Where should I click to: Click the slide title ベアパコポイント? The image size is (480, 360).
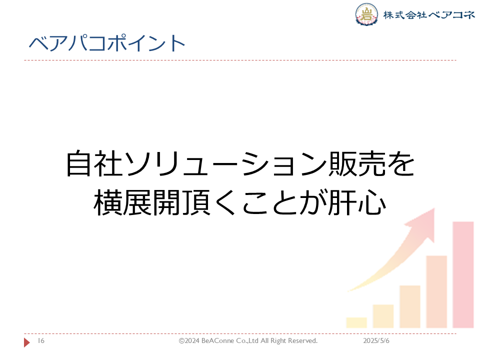tap(107, 43)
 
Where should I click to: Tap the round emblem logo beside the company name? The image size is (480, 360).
tap(366, 14)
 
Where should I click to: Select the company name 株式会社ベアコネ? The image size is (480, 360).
tap(429, 14)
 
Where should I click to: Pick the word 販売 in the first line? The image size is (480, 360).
tap(357, 163)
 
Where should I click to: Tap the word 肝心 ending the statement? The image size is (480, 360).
tap(357, 202)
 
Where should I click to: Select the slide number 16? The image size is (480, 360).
tap(41, 340)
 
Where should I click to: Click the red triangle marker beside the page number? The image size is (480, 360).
tap(27, 342)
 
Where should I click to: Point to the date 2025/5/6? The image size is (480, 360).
tap(376, 340)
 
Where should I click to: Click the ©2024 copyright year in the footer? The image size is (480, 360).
tap(189, 340)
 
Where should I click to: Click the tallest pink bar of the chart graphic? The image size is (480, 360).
tap(463, 275)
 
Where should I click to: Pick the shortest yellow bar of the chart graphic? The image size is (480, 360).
tap(356, 322)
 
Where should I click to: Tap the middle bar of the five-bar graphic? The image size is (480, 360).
tap(410, 306)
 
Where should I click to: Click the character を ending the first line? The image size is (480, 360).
tap(401, 164)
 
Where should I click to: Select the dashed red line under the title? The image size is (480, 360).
tap(240, 60)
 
